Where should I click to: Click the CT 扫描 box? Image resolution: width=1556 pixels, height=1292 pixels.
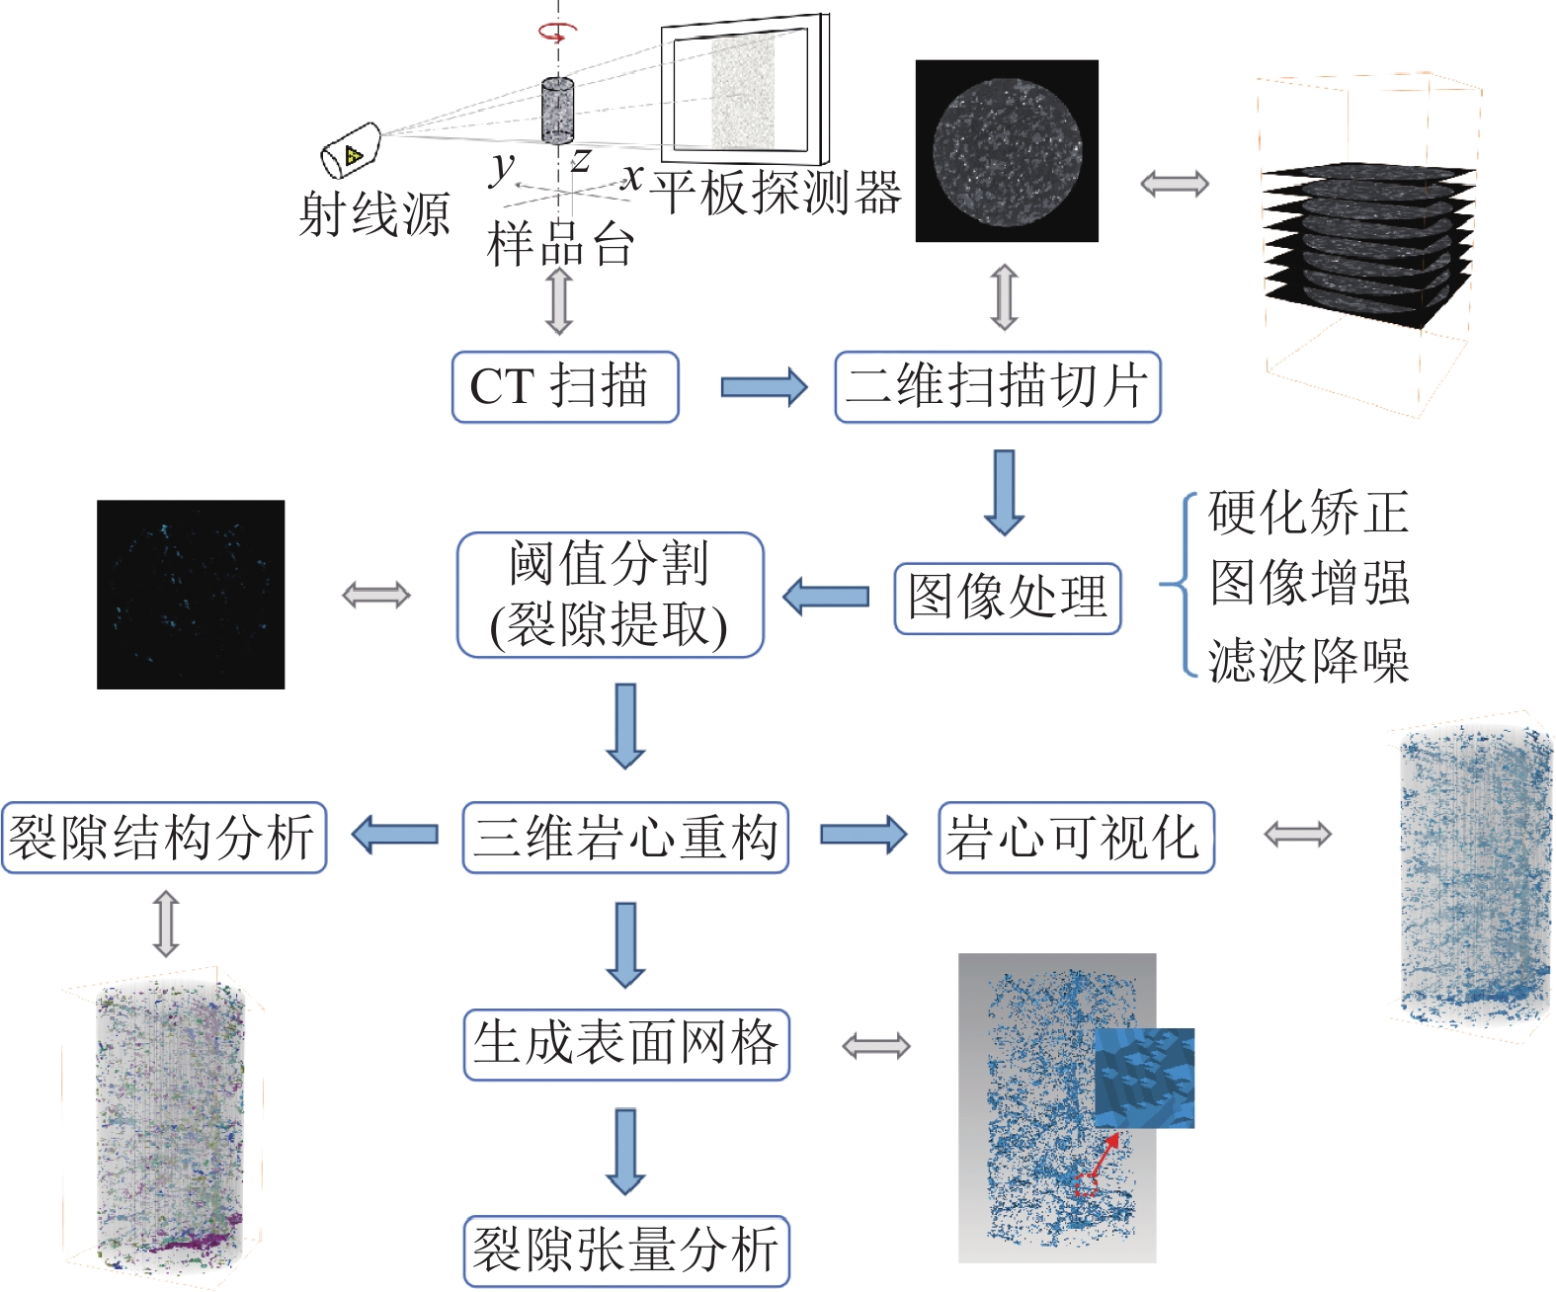click(565, 387)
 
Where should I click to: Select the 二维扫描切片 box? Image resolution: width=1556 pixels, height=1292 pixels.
click(997, 387)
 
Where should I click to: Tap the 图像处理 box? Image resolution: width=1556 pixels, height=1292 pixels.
click(1007, 598)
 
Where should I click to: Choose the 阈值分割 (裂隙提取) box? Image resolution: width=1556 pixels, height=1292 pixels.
click(610, 595)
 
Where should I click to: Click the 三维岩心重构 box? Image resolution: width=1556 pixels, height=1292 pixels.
click(624, 838)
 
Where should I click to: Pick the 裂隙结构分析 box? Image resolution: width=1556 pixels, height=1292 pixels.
click(163, 838)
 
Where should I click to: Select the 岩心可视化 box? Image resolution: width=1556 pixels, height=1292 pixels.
click(1075, 838)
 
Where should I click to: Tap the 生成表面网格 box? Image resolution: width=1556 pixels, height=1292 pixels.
click(625, 1044)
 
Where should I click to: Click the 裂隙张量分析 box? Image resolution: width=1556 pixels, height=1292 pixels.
click(625, 1251)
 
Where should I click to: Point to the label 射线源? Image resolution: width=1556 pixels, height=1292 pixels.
click(374, 214)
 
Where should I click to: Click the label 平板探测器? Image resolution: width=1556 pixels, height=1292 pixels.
click(776, 192)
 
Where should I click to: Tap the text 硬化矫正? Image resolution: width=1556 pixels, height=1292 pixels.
click(1308, 512)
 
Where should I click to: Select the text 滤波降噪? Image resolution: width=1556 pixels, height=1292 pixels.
click(1308, 660)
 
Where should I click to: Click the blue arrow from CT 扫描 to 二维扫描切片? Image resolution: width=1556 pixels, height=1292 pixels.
click(763, 387)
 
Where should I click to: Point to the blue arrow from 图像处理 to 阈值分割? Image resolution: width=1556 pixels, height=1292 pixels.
click(826, 597)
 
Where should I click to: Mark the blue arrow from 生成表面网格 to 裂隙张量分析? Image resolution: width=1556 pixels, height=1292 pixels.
click(625, 1151)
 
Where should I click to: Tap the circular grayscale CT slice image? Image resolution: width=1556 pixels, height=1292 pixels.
click(1007, 151)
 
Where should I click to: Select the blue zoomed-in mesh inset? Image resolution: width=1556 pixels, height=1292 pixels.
click(1144, 1078)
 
